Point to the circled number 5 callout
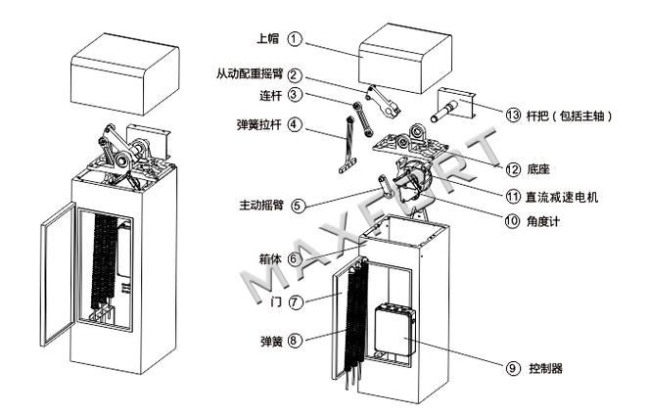tap(297, 206)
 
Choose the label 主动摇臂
tap(260, 206)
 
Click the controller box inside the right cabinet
tap(396, 330)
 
